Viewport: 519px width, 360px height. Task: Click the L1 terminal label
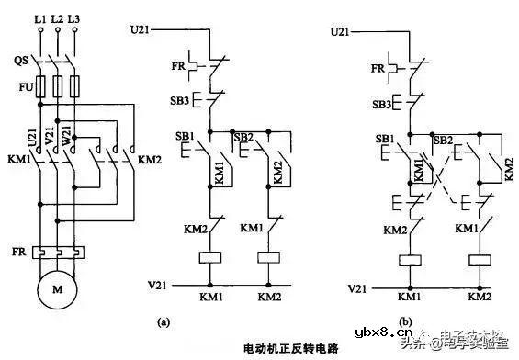click(39, 18)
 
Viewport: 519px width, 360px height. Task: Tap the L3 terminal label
click(75, 18)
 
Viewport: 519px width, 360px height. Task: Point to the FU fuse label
click(21, 90)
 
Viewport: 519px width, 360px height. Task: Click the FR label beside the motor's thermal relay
click(18, 250)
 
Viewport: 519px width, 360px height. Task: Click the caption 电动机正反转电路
click(291, 349)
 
